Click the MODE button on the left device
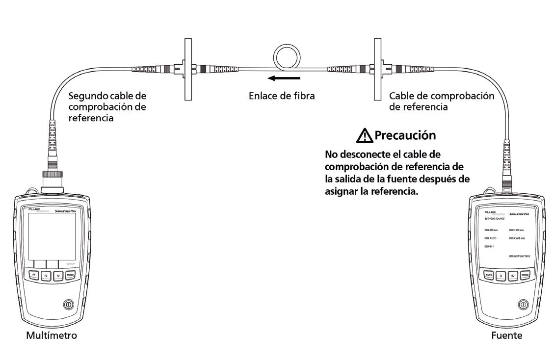(x=71, y=275)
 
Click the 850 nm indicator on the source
(x=491, y=230)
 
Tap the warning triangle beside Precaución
(x=367, y=134)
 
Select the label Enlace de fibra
(x=282, y=96)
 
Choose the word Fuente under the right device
(x=503, y=336)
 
